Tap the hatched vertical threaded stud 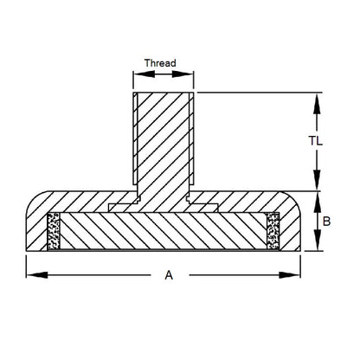pyautogui.click(x=163, y=138)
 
